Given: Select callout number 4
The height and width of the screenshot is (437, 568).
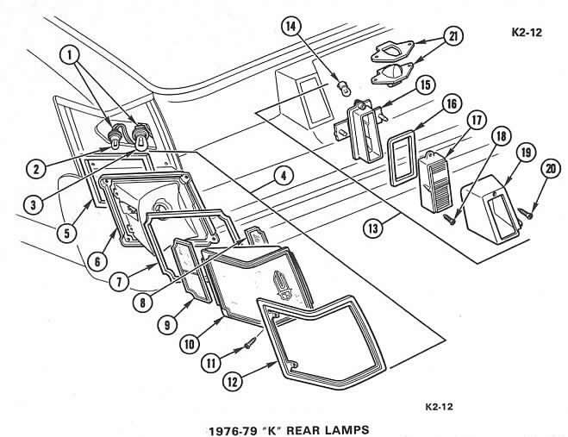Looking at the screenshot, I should click(282, 177).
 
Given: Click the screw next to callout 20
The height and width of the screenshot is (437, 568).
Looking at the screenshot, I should click(523, 208).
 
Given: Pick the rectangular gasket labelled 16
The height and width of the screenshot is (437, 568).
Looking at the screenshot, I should click(402, 154).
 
